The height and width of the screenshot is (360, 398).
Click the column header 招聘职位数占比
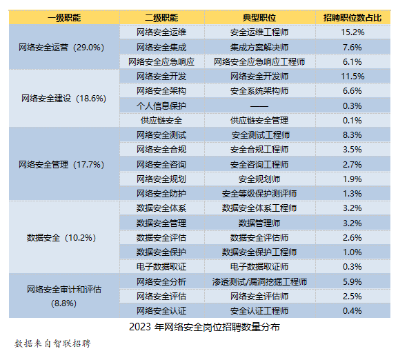352,18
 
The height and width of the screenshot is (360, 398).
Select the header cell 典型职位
259,18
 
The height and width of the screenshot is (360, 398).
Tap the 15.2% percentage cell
352,32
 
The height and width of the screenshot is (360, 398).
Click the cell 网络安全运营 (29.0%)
61,47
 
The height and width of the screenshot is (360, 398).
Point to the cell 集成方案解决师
259,48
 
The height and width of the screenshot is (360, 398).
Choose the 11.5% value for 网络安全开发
352,77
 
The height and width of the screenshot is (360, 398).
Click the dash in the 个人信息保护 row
259,106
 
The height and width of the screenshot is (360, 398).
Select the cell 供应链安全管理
259,121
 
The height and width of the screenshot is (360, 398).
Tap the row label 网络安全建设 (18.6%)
63,99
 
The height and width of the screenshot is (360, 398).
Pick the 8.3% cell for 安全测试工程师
352,135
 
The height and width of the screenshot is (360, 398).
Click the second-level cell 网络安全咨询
161,165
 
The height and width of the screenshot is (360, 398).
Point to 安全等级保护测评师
259,194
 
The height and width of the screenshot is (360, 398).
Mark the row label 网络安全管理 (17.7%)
61,165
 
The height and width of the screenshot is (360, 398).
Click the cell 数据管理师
259,223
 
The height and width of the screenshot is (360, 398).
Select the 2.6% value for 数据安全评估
352,238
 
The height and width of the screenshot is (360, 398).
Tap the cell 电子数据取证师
259,267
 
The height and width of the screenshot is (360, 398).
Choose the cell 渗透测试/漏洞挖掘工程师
259,282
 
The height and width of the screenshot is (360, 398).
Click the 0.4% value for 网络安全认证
352,311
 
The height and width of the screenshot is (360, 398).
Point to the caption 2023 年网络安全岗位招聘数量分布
204,327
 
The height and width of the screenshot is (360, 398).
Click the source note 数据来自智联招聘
52,343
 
